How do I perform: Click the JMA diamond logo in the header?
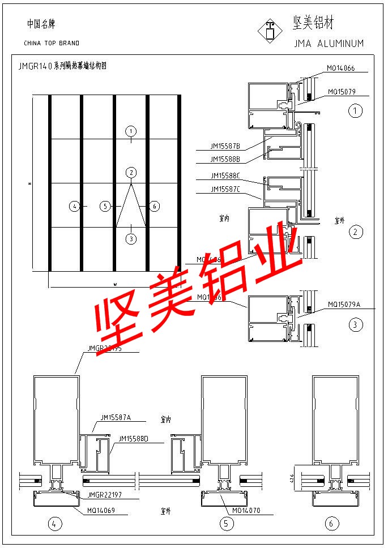tap(270, 31)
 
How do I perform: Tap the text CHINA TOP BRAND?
tap(52, 43)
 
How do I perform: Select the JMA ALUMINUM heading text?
tap(329, 44)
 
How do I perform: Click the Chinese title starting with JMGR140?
tap(62, 66)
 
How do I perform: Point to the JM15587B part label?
tap(225, 147)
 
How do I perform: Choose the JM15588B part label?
tap(225, 159)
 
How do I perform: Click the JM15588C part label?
tap(225, 175)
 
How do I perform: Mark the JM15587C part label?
tap(225, 189)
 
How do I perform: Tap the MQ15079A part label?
tap(344, 305)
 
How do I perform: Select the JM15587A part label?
tap(116, 418)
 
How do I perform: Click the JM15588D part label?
tap(134, 439)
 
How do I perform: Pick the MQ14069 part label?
tap(101, 511)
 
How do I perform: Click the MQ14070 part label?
tap(246, 511)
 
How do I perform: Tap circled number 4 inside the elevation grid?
tap(74, 207)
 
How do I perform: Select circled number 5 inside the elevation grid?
tap(104, 207)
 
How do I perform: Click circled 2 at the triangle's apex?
tap(131, 172)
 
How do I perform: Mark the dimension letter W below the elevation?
tap(115, 283)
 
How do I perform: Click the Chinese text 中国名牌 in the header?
tap(41, 24)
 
